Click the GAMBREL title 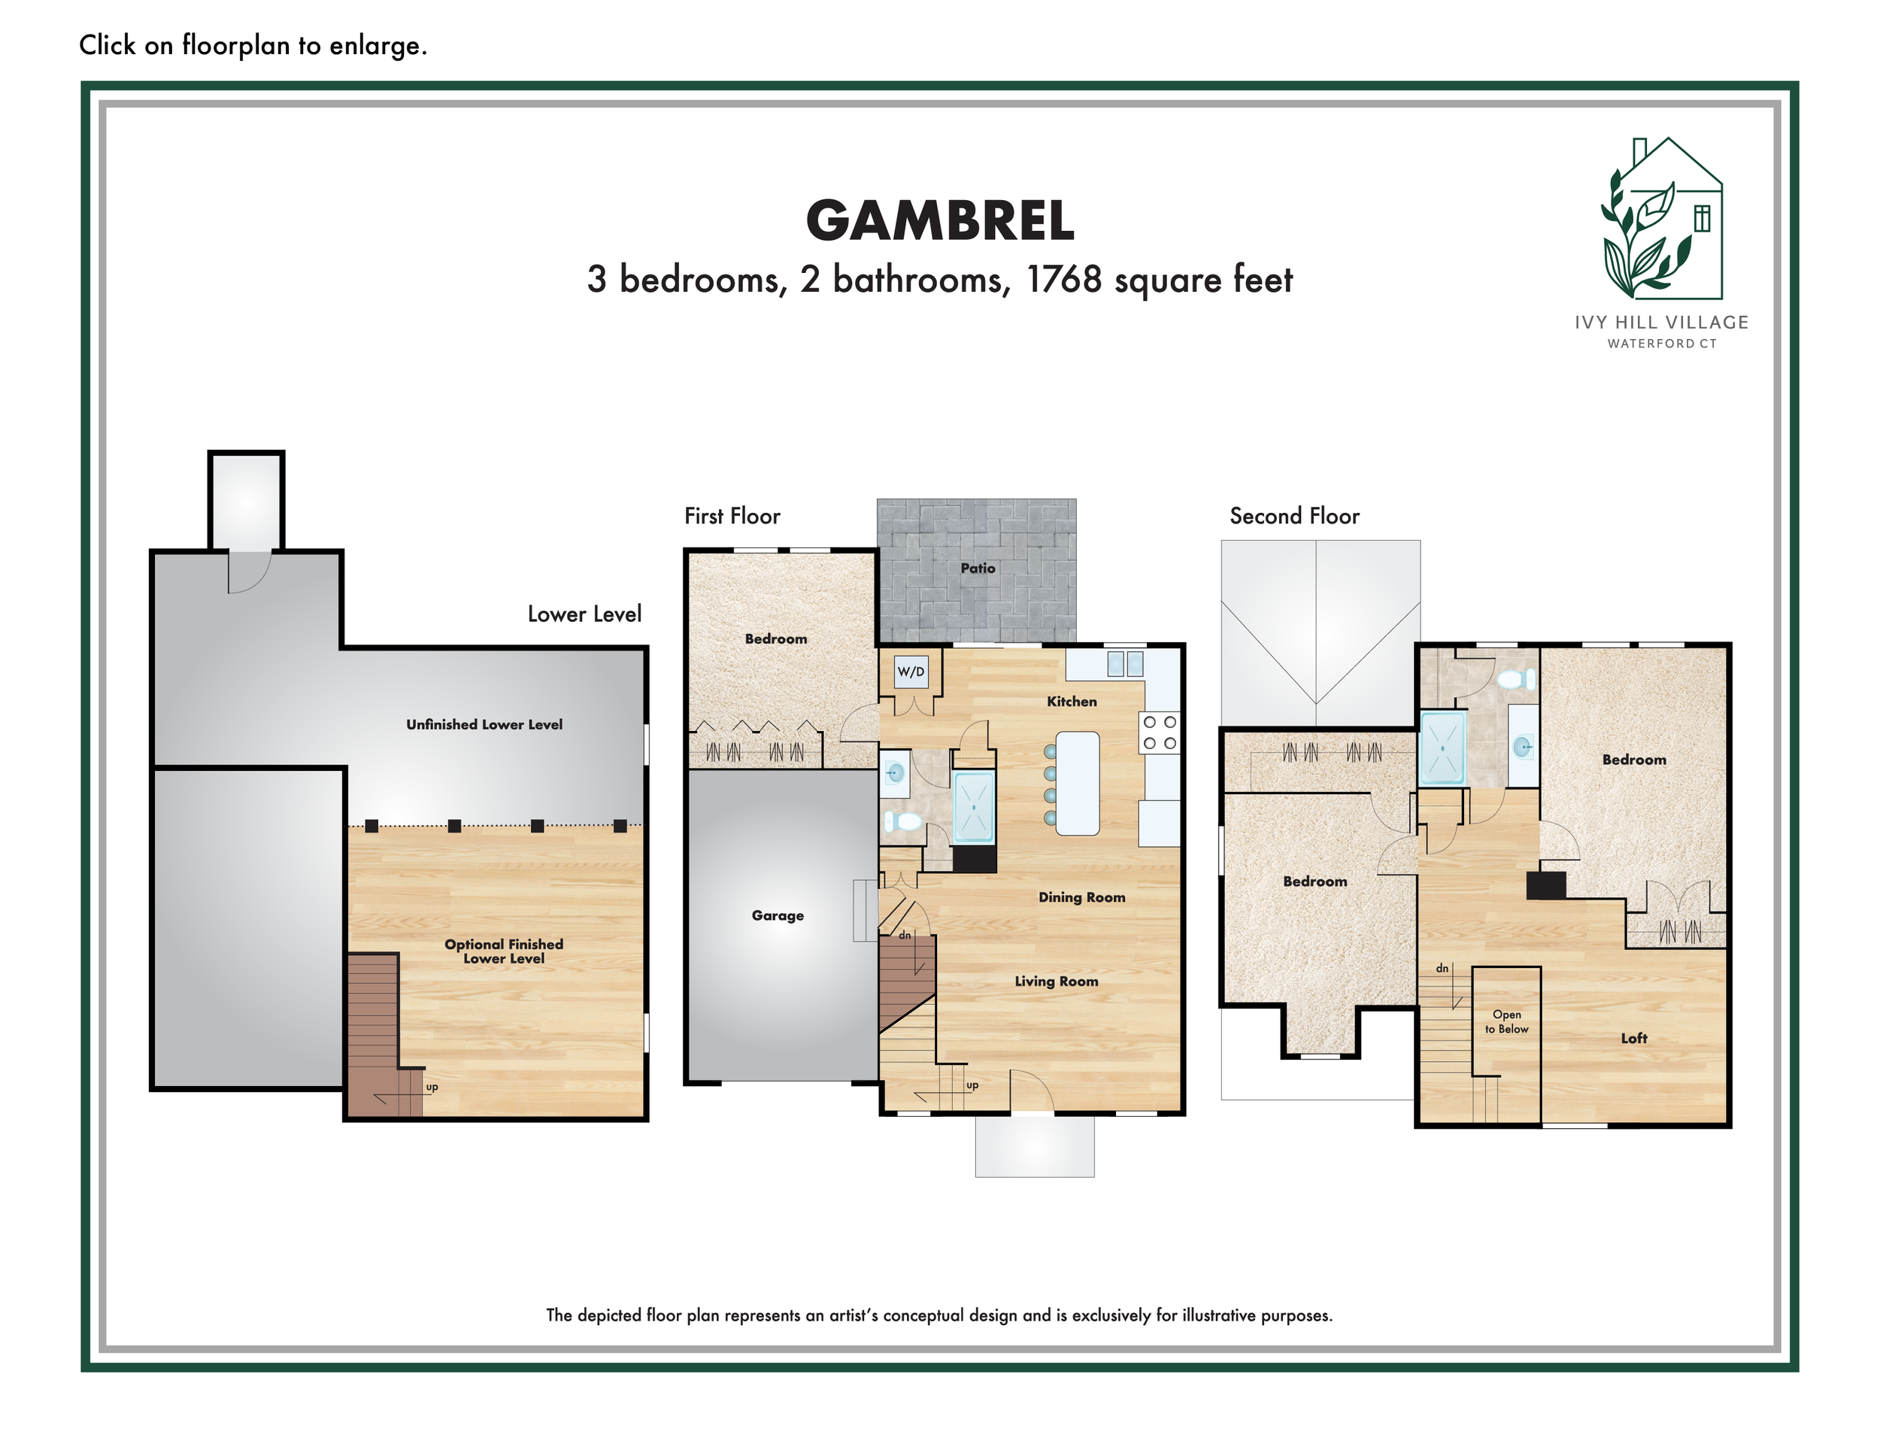click(940, 220)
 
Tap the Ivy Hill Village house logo click(1661, 219)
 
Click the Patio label click(978, 568)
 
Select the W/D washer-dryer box click(911, 672)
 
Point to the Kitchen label click(1072, 702)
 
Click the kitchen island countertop click(1077, 784)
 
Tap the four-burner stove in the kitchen click(1160, 733)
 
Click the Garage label click(778, 916)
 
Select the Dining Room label click(1082, 897)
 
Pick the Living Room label click(1057, 981)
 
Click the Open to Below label click(1506, 1022)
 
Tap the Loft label click(1634, 1038)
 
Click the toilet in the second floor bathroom click(1516, 680)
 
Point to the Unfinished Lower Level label click(484, 725)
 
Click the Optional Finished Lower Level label click(504, 951)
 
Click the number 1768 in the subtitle click(1064, 280)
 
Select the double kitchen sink click(1125, 663)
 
